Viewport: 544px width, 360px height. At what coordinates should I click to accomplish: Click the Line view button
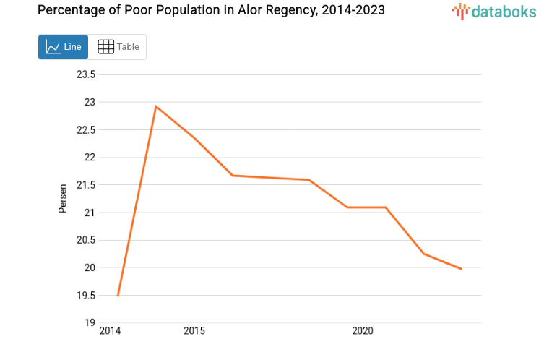[63, 47]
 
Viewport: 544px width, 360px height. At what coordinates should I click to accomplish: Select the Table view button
[118, 47]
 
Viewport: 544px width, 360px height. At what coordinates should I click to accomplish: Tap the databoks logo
[496, 11]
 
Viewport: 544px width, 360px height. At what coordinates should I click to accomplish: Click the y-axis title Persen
[63, 198]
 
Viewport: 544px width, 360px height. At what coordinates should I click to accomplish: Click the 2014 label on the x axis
[110, 331]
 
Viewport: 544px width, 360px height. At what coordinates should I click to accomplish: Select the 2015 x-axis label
[194, 331]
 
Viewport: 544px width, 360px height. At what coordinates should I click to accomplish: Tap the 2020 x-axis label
[362, 331]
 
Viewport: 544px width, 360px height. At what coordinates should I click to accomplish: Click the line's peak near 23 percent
[155, 106]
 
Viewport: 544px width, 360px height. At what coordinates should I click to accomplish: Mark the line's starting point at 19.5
[118, 295]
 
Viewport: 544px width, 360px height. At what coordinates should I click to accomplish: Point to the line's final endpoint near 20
[461, 269]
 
